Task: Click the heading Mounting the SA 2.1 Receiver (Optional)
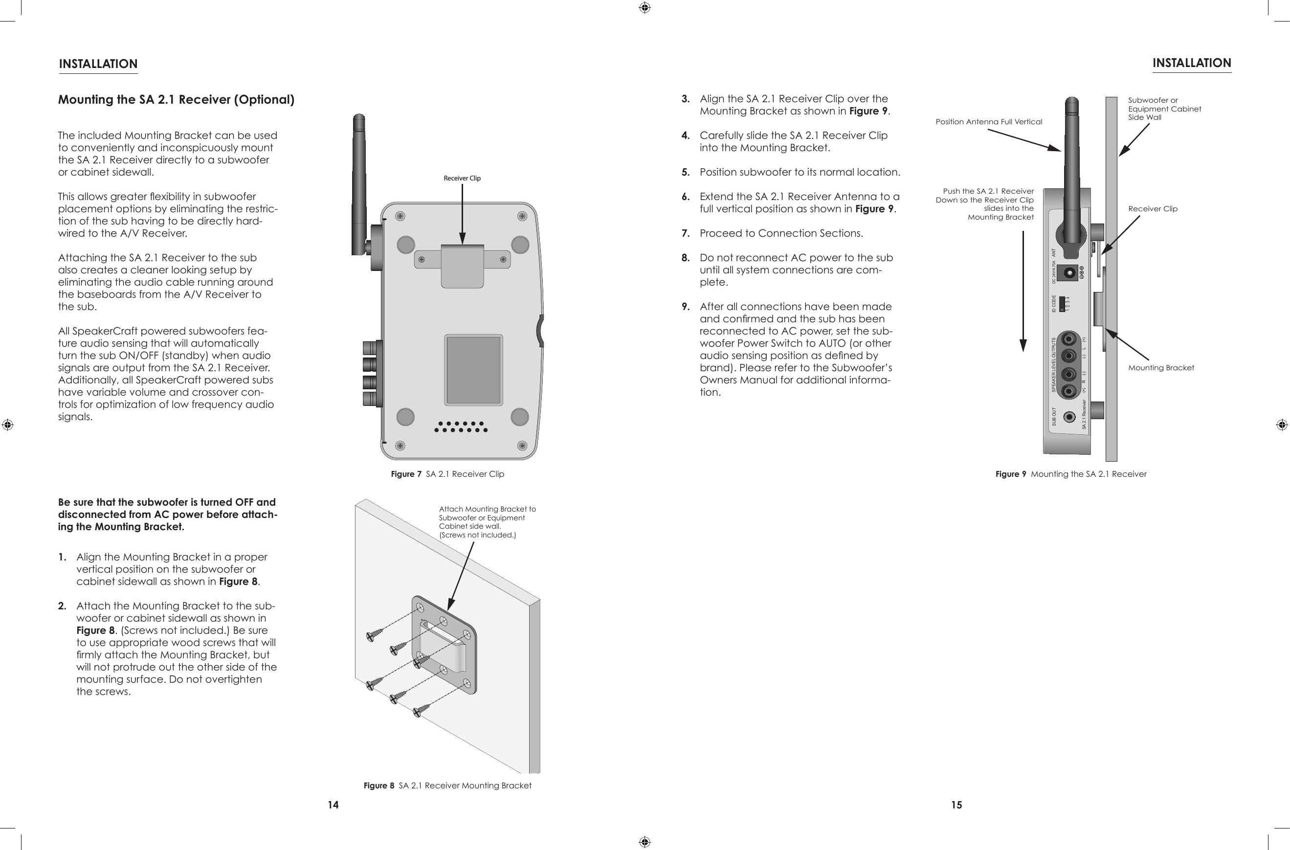[176, 100]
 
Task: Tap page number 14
[333, 805]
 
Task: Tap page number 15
[956, 805]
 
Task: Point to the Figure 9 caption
[1070, 474]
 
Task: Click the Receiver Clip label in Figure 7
[462, 179]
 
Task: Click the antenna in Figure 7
[358, 179]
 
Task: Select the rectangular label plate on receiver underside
[473, 370]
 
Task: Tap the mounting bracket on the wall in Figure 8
[444, 645]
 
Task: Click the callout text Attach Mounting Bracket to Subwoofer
[487, 521]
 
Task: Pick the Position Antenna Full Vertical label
[989, 122]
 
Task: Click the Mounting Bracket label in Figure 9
[1160, 368]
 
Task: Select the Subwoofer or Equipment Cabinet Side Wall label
[1164, 109]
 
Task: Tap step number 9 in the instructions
[686, 307]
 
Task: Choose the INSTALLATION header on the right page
[1191, 64]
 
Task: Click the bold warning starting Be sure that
[167, 514]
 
